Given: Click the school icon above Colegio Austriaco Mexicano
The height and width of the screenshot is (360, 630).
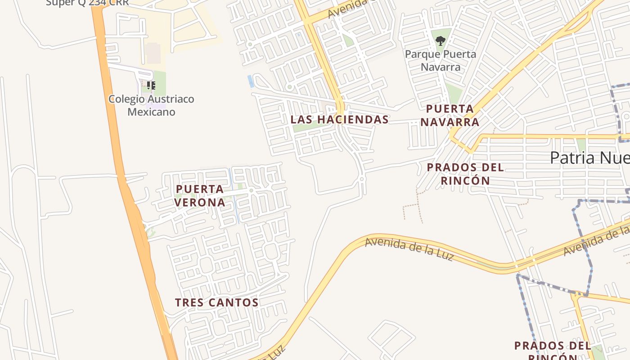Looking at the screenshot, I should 151,85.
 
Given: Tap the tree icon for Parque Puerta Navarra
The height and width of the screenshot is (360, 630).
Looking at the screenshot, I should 440,41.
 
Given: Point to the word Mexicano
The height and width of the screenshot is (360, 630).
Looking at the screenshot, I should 151,112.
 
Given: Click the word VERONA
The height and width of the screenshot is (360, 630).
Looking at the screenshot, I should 200,202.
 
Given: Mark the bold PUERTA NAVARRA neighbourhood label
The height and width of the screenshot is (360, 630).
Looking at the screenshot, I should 450,115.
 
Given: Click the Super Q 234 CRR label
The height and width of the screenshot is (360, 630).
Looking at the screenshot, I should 87,3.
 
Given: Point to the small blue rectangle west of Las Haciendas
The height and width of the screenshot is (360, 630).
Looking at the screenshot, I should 250,81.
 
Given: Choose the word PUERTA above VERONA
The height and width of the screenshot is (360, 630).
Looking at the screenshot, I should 200,189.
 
